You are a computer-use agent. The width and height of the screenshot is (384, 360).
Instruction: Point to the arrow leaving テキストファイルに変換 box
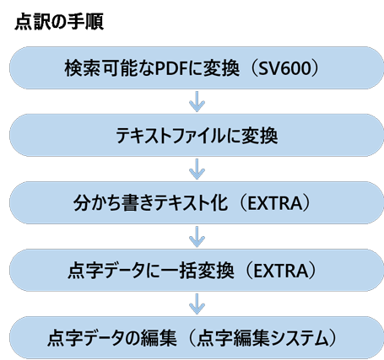(196, 169)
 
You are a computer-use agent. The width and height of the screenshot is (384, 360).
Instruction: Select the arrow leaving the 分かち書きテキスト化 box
(196, 236)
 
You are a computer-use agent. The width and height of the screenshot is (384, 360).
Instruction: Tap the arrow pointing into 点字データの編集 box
(196, 304)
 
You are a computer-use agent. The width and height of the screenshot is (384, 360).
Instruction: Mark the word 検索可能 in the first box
(92, 67)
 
